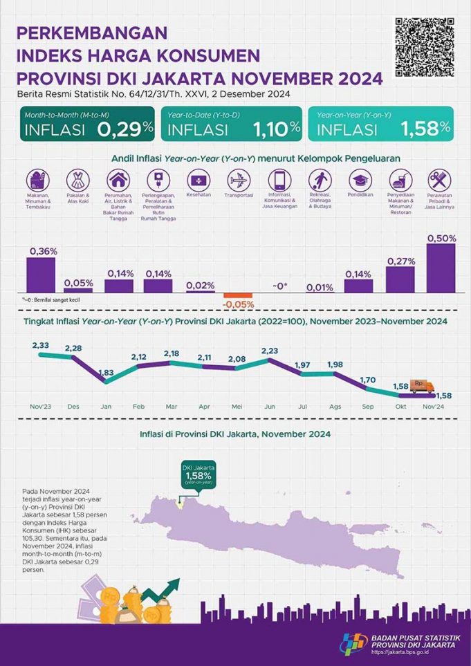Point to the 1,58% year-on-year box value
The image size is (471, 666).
tap(423, 128)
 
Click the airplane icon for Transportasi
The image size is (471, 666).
tap(237, 179)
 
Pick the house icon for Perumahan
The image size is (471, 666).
tap(117, 180)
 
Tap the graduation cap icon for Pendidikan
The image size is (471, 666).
tap(358, 180)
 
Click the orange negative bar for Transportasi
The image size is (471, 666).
tap(237, 295)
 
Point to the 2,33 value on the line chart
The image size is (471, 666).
tap(39, 345)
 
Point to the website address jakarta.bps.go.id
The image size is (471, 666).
tap(407, 652)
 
